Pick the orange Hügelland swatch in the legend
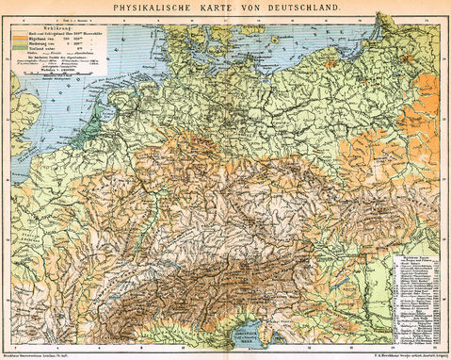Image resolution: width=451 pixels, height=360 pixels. pyautogui.click(x=22, y=39)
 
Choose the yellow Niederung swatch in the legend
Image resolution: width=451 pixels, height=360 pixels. pyautogui.click(x=22, y=44)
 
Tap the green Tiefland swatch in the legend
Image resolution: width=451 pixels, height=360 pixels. pyautogui.click(x=22, y=50)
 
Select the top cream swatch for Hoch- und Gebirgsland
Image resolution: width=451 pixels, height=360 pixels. pyautogui.click(x=22, y=33)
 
